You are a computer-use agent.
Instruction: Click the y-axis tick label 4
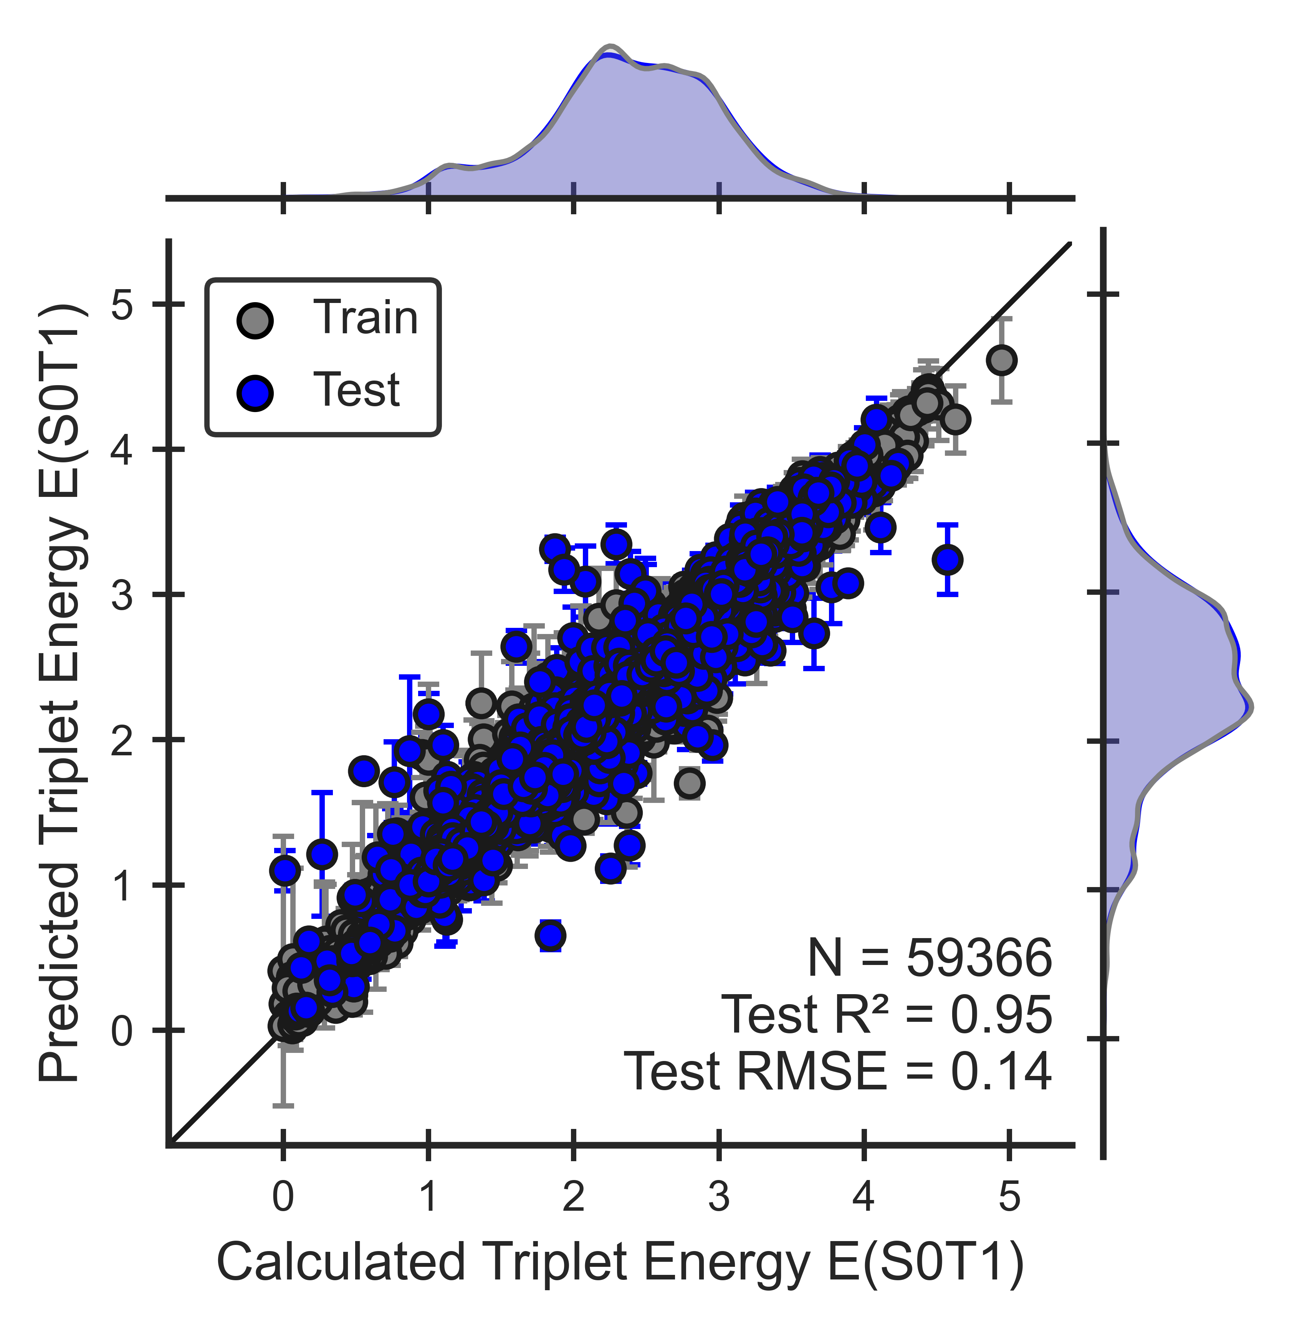(x=122, y=450)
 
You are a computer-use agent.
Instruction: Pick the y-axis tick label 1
(x=122, y=885)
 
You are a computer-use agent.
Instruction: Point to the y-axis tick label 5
(x=122, y=305)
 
